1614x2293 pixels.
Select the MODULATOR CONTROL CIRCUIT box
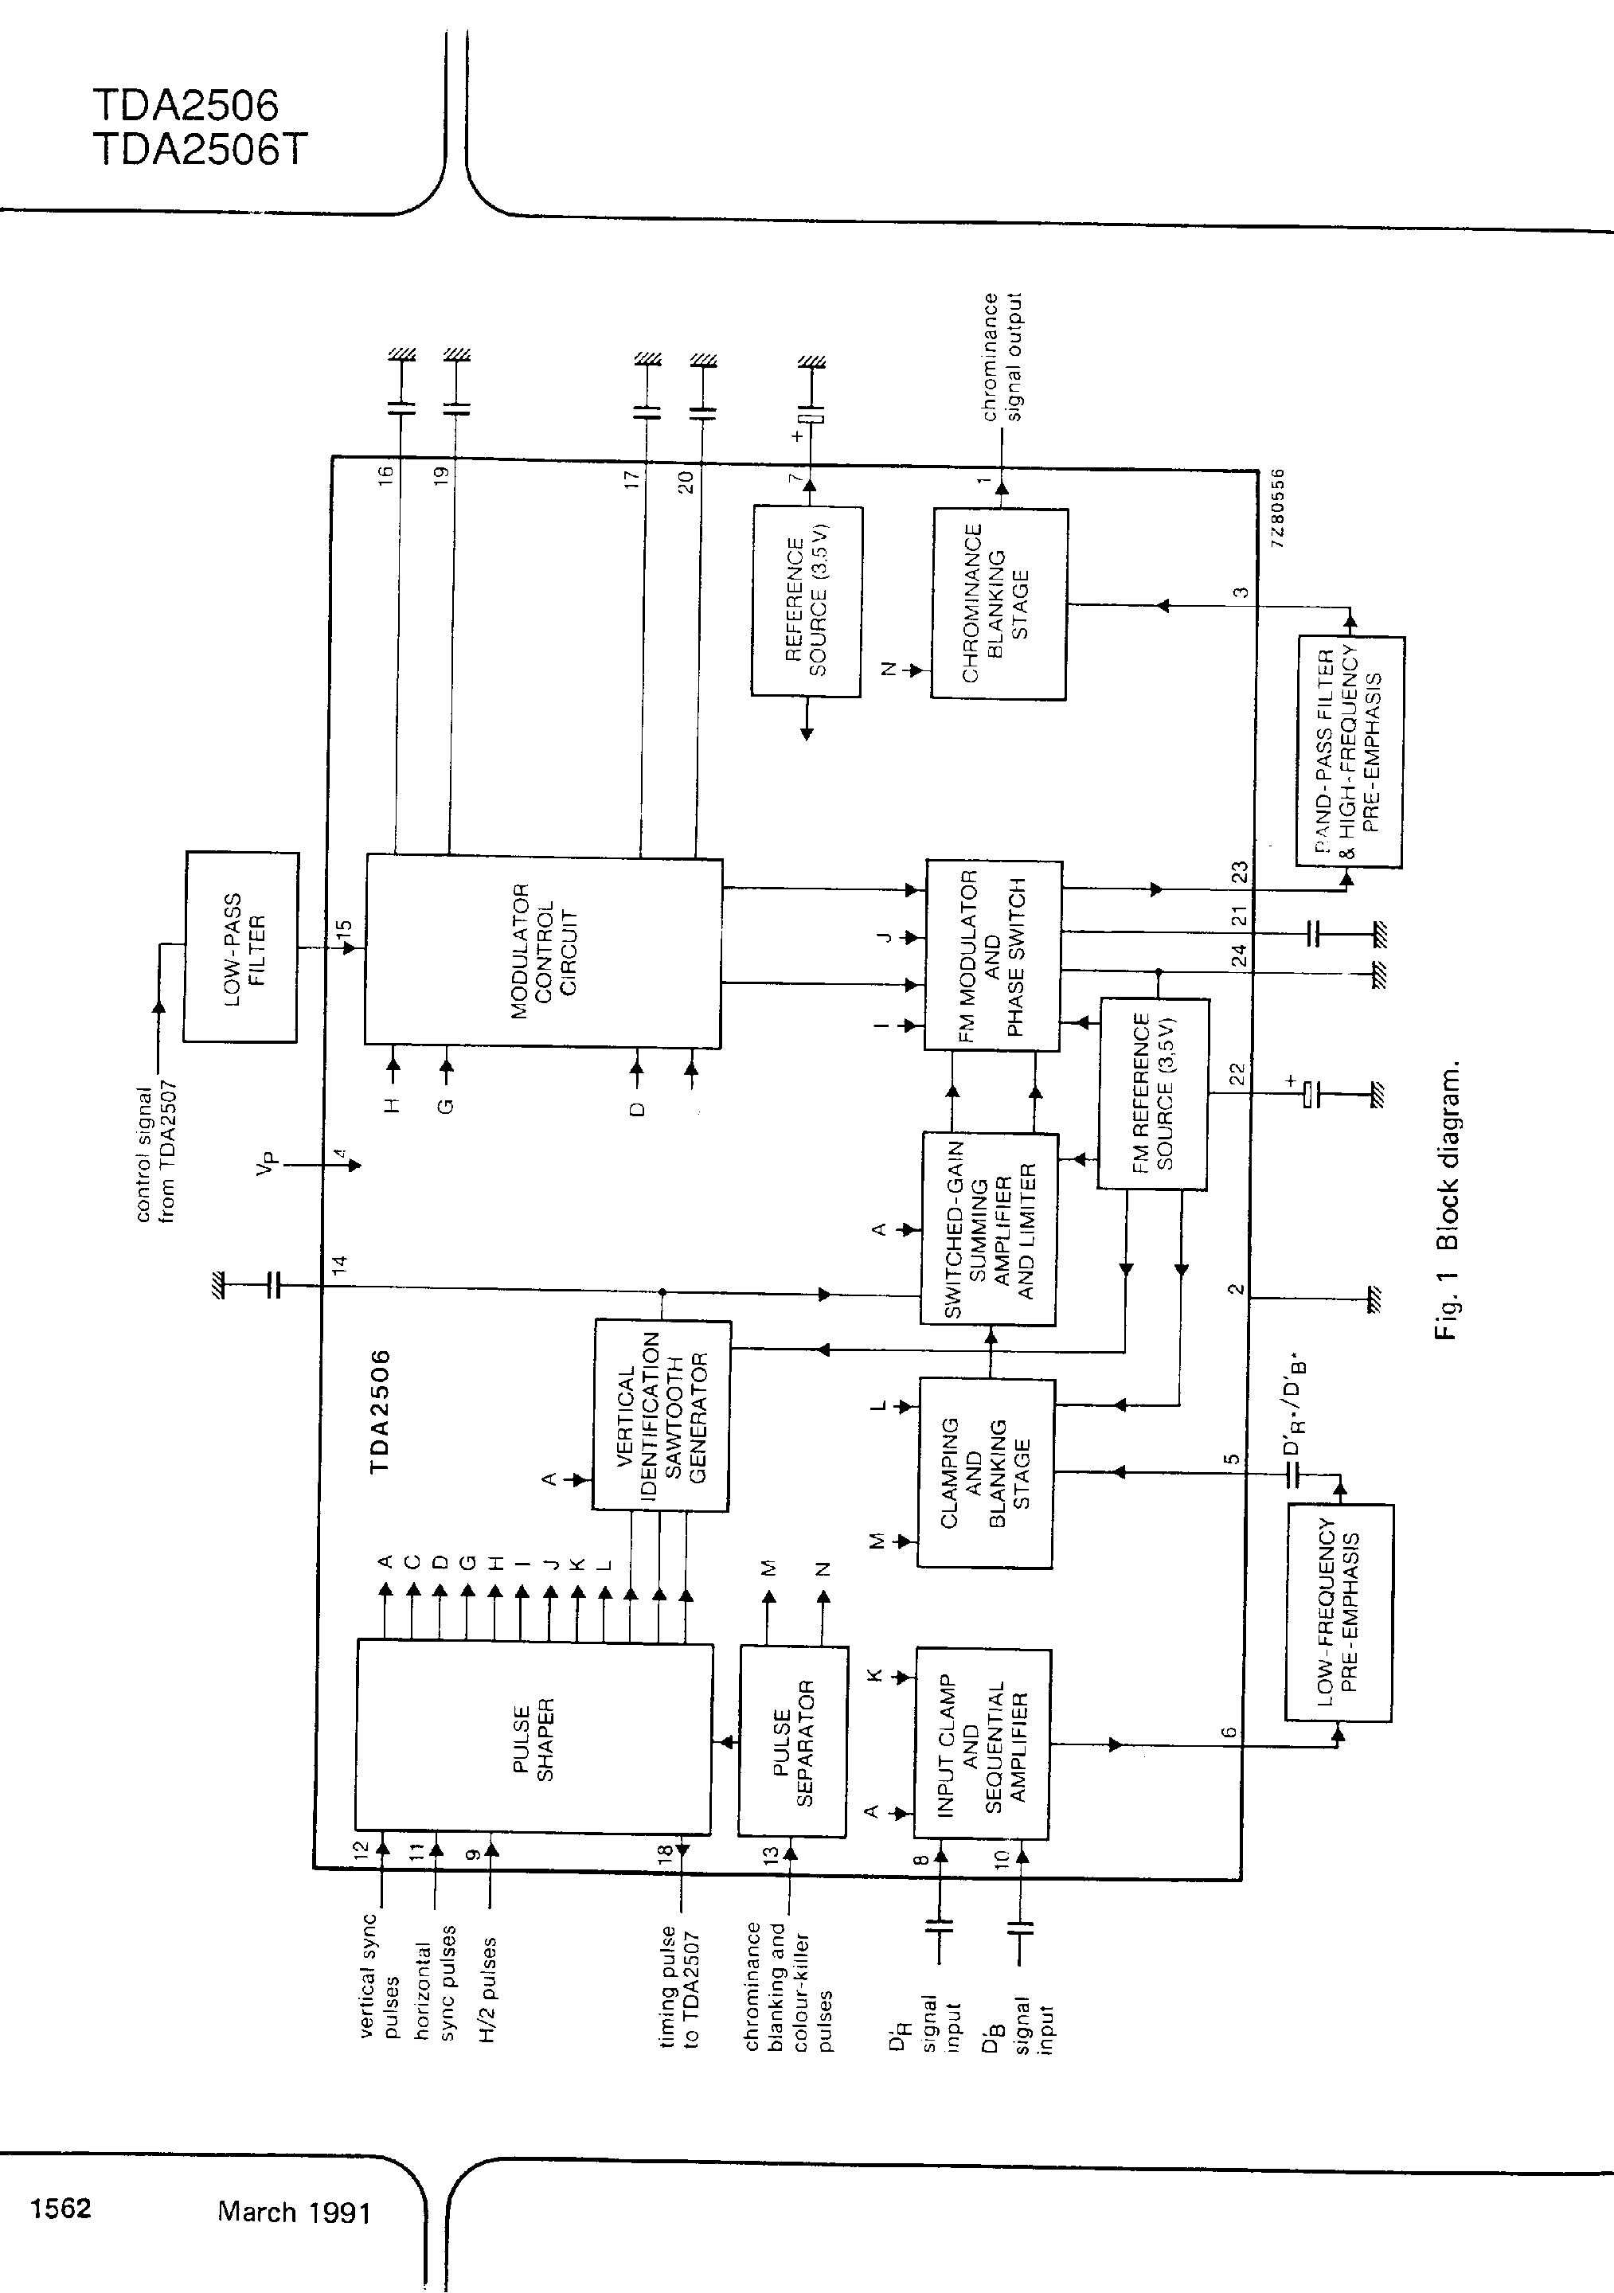click(542, 951)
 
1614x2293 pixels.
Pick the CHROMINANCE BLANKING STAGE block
click(998, 604)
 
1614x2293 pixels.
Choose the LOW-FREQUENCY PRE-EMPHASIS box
click(1338, 1612)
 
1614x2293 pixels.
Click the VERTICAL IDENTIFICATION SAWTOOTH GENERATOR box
click(661, 1415)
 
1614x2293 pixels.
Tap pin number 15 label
click(343, 929)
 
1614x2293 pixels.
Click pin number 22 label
click(1237, 1075)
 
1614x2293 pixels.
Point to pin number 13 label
click(770, 1854)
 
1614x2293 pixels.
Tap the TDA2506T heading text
click(200, 150)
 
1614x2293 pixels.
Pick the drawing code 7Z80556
click(1280, 506)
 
